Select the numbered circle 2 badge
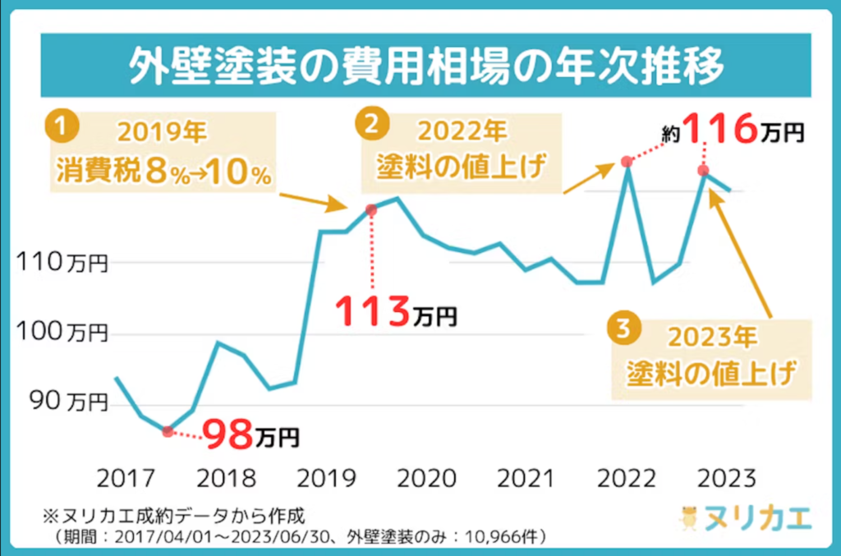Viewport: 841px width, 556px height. [x=371, y=126]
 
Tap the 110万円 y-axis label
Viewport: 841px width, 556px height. [x=63, y=263]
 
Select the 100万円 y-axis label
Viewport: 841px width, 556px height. [x=63, y=333]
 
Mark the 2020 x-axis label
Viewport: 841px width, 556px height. [x=426, y=478]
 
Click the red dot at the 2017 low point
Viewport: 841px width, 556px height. [x=168, y=431]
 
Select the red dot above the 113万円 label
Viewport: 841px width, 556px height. [x=370, y=210]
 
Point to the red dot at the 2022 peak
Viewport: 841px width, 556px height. [x=627, y=162]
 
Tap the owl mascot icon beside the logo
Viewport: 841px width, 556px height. [x=688, y=518]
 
